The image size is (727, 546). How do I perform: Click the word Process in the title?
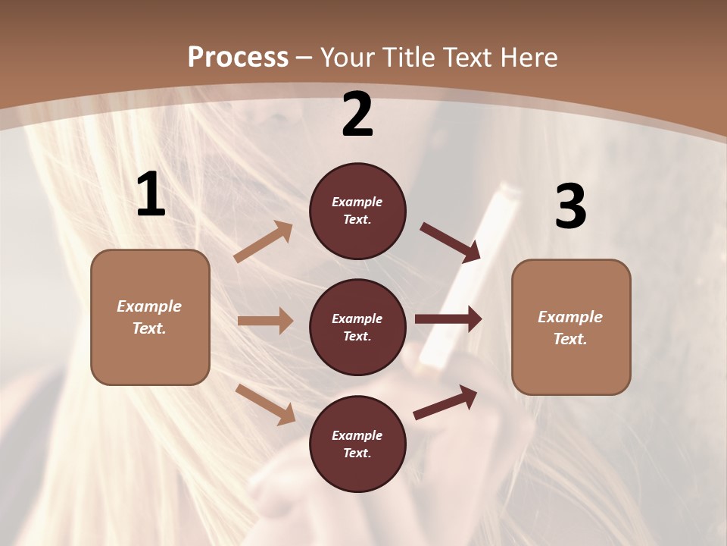pyautogui.click(x=238, y=57)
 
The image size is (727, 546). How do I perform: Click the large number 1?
pyautogui.click(x=151, y=195)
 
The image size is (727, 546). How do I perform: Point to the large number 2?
pyautogui.click(x=357, y=115)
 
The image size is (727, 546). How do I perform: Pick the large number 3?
pyautogui.click(x=570, y=207)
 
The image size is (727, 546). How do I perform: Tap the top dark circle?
pyautogui.click(x=357, y=211)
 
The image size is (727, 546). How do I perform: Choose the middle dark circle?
pyautogui.click(x=357, y=327)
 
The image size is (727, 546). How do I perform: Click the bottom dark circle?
pyautogui.click(x=357, y=444)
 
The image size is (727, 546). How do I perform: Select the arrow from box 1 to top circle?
pyautogui.click(x=264, y=242)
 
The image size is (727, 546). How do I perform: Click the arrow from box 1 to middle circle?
pyautogui.click(x=265, y=321)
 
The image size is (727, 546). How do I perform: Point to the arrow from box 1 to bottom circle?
pyautogui.click(x=265, y=404)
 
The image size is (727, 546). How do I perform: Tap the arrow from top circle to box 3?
pyautogui.click(x=451, y=243)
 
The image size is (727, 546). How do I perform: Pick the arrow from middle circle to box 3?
pyautogui.click(x=448, y=318)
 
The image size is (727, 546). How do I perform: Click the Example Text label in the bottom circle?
pyautogui.click(x=357, y=444)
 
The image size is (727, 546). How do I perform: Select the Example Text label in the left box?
pyautogui.click(x=149, y=317)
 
